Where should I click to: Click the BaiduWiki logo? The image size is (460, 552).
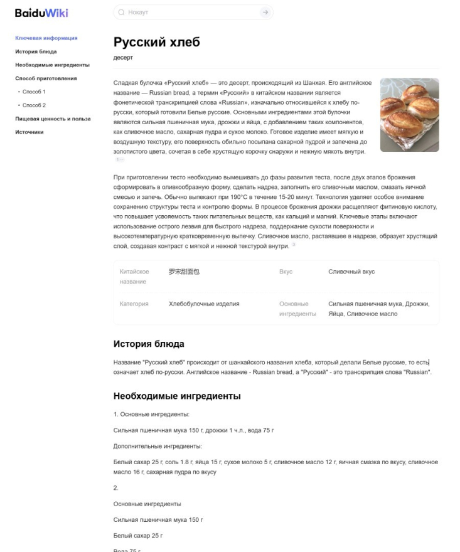pyautogui.click(x=41, y=13)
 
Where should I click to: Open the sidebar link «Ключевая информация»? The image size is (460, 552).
pyautogui.click(x=46, y=38)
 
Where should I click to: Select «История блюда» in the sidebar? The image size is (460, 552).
pyautogui.click(x=36, y=51)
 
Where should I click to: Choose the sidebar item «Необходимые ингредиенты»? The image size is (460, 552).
pyautogui.click(x=52, y=65)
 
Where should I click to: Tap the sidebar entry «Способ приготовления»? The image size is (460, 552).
pyautogui.click(x=46, y=78)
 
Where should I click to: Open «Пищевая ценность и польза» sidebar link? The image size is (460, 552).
pyautogui.click(x=53, y=119)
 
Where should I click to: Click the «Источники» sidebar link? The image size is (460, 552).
pyautogui.click(x=29, y=132)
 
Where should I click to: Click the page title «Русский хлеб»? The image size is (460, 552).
pyautogui.click(x=156, y=43)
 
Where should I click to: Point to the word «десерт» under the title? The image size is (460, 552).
pyautogui.click(x=123, y=58)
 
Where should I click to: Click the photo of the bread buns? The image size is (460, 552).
pyautogui.click(x=409, y=115)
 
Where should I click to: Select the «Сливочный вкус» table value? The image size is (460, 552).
pyautogui.click(x=351, y=272)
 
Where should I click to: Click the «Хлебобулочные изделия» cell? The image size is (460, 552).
pyautogui.click(x=204, y=304)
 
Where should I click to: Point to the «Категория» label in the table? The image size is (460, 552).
pyautogui.click(x=134, y=304)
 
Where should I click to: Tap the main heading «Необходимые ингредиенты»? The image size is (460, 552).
pyautogui.click(x=177, y=396)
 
